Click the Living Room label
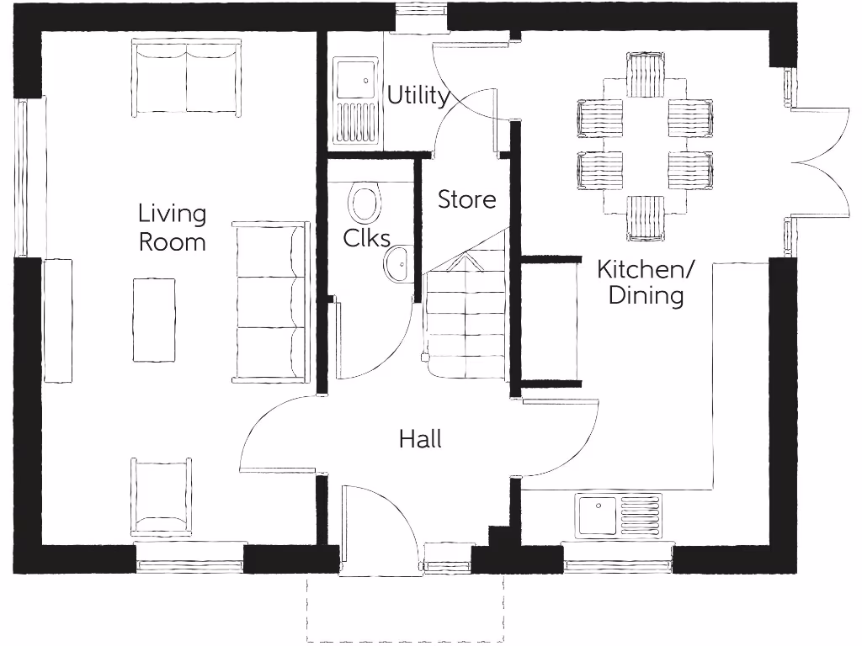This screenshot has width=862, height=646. click(172, 227)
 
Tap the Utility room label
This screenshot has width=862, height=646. click(418, 96)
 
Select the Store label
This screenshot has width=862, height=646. click(466, 200)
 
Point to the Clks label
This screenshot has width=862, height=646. click(365, 238)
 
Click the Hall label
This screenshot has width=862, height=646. click(420, 439)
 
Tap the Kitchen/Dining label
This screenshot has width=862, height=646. click(646, 283)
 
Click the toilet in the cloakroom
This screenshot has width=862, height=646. click(364, 204)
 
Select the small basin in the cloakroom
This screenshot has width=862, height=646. click(397, 264)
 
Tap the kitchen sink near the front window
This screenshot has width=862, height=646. click(619, 516)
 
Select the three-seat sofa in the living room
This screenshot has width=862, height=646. click(271, 303)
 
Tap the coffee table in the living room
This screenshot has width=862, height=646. click(154, 320)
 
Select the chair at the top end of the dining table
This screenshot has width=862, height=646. click(646, 74)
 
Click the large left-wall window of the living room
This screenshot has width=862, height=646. click(23, 178)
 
